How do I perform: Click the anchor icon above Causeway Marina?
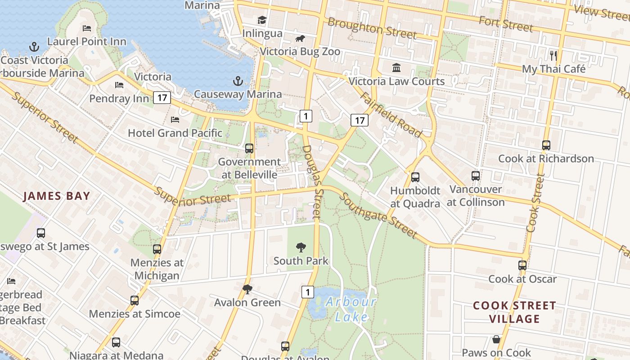pos(238,81)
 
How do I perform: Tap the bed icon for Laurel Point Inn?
pos(87,28)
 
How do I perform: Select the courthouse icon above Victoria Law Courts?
pos(396,68)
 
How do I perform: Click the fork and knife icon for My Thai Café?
pos(553,56)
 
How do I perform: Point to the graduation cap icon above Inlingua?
pos(262,20)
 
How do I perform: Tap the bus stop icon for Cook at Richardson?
pos(546,145)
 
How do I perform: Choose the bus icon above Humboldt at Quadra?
pos(415,177)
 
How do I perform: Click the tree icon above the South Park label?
pos(301,247)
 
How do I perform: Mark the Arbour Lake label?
pos(351,309)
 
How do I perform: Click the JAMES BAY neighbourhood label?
pos(57,196)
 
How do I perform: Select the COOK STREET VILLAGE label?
pos(514,312)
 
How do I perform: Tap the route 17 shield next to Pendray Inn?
pos(162,97)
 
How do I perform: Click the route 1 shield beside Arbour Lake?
pos(307,292)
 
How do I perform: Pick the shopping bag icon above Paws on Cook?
pos(496,339)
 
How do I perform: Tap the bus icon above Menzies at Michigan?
pos(157,249)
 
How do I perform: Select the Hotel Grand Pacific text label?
pos(175,133)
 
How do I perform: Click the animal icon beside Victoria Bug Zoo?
pos(300,39)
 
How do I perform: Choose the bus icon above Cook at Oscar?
pos(522,265)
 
